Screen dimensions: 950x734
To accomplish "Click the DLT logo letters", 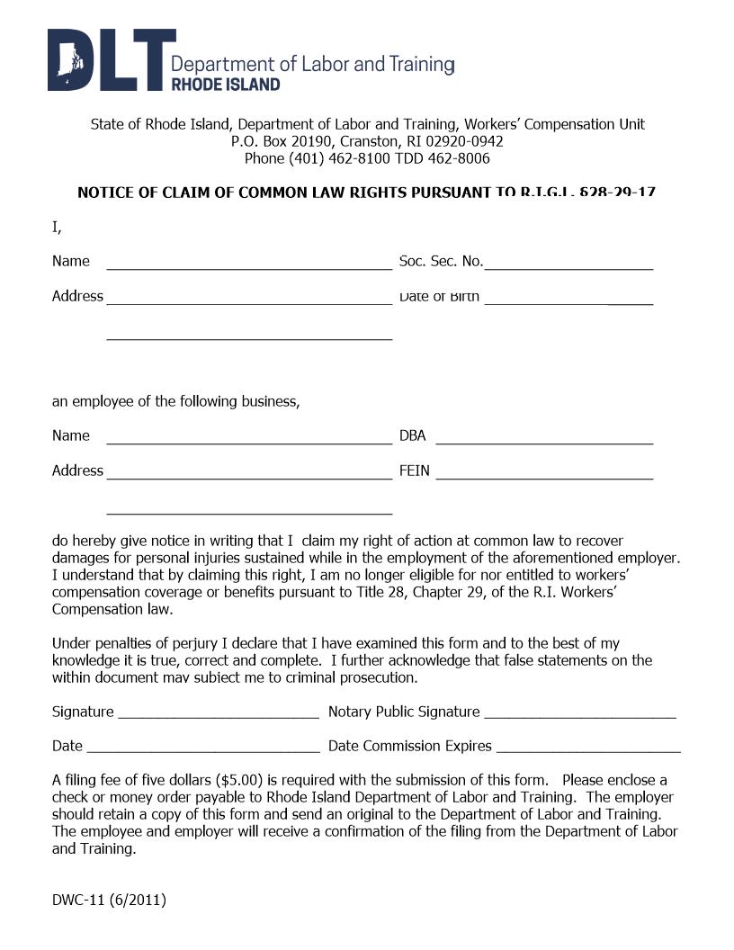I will coord(108,60).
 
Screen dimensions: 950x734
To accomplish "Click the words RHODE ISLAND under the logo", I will coord(225,85).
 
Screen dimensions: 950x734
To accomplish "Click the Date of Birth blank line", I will coord(568,302).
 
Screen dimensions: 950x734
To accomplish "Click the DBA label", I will coord(412,436).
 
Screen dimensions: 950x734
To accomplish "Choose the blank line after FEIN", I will coord(544,477).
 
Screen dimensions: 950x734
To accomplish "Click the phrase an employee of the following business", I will coord(175,401).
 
